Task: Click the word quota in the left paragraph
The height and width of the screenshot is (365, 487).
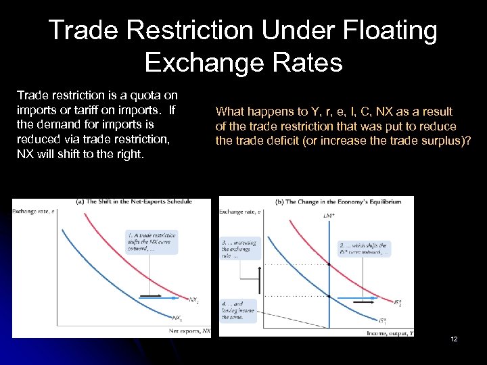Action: pyautogui.click(x=147, y=96)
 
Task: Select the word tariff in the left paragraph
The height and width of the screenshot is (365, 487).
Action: pyautogui.click(x=87, y=110)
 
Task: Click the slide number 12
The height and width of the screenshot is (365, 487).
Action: pyautogui.click(x=454, y=339)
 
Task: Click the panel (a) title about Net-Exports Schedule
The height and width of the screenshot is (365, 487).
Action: pyautogui.click(x=134, y=201)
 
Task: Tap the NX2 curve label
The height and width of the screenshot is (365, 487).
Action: pyautogui.click(x=193, y=299)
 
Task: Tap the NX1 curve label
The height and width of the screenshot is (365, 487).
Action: pyautogui.click(x=177, y=317)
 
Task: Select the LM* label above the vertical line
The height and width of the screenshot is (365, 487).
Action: pyautogui.click(x=328, y=215)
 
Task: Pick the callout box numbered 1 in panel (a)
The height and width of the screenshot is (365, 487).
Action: pyautogui.click(x=151, y=240)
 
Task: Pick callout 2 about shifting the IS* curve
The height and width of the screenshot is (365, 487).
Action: pyautogui.click(x=363, y=249)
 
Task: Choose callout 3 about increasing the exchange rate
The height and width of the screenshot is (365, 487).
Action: pyautogui.click(x=237, y=248)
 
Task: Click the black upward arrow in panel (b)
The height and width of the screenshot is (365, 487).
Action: pyautogui.click(x=258, y=278)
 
